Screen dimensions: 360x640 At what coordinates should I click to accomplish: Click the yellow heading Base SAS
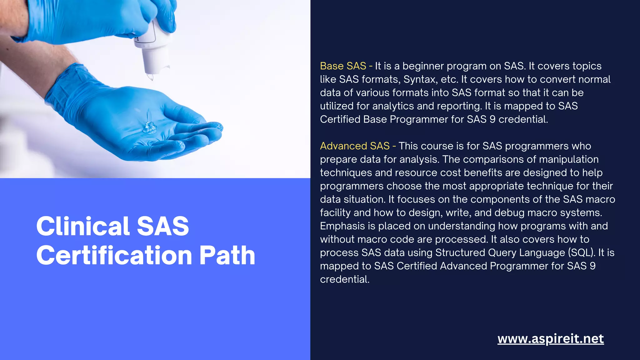343,66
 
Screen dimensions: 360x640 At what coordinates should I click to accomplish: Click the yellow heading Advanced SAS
355,146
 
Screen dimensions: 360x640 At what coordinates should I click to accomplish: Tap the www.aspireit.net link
550,339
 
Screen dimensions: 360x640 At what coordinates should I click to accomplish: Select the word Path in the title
227,255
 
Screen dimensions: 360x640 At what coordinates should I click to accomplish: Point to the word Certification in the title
114,255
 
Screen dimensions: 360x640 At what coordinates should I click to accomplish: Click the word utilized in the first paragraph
337,106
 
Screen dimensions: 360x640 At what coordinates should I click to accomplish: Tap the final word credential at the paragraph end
344,279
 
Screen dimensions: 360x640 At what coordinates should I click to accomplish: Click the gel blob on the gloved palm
150,127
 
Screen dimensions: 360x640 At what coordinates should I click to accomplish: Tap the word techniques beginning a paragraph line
346,173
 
